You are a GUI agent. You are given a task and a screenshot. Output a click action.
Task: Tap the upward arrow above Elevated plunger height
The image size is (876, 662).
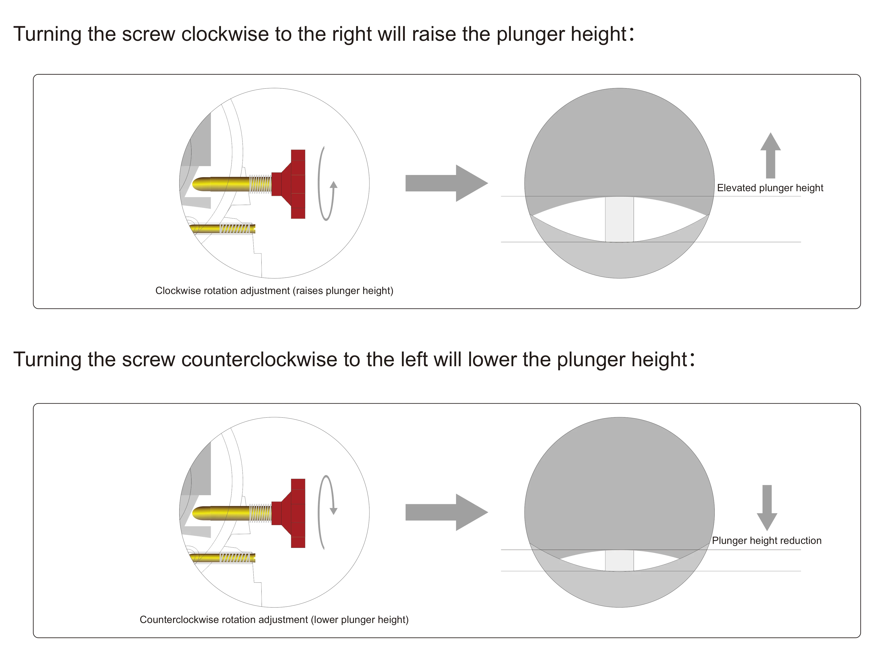(x=770, y=155)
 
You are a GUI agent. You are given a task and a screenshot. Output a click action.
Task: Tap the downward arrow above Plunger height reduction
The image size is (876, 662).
(x=767, y=508)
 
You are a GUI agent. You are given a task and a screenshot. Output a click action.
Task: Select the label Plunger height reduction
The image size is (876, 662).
(x=767, y=541)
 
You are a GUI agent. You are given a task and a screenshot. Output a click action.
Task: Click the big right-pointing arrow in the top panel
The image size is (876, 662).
(x=447, y=183)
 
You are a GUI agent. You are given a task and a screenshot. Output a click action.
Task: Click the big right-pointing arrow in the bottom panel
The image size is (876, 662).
(x=447, y=512)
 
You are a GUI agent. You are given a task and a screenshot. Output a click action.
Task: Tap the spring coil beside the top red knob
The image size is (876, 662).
(x=260, y=184)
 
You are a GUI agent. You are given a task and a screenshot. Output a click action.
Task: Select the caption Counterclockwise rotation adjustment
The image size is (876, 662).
(x=224, y=620)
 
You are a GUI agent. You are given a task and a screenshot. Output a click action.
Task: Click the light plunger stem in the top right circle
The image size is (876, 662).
(x=619, y=219)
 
